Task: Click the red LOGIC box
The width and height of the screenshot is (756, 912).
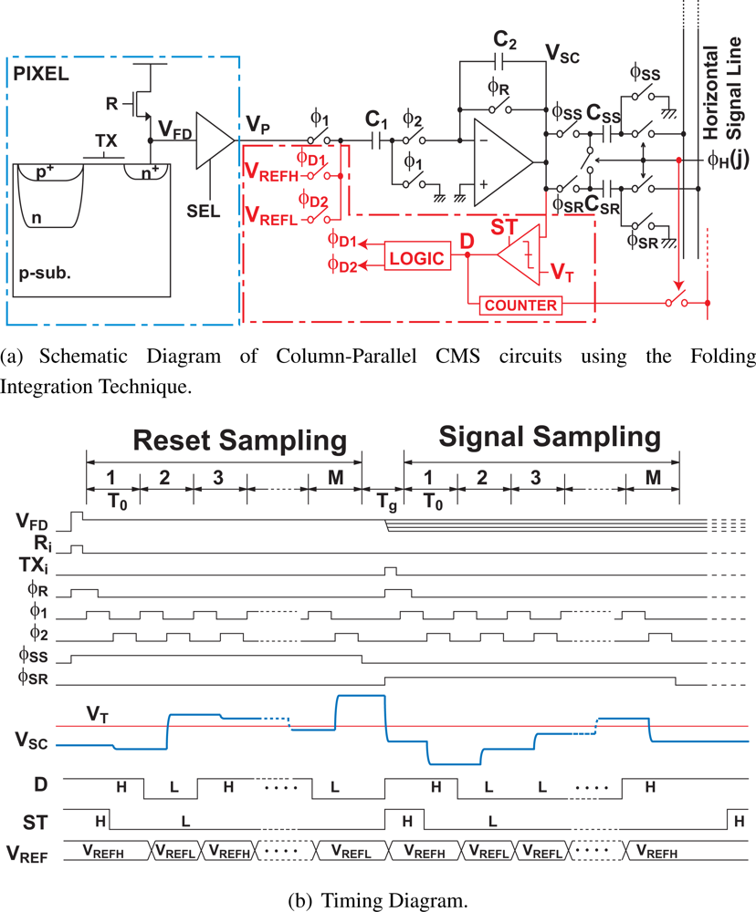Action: (415, 258)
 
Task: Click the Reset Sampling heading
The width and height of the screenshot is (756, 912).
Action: (241, 440)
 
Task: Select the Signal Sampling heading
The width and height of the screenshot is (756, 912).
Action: (550, 437)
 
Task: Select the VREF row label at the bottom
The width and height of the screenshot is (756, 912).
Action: (27, 854)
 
